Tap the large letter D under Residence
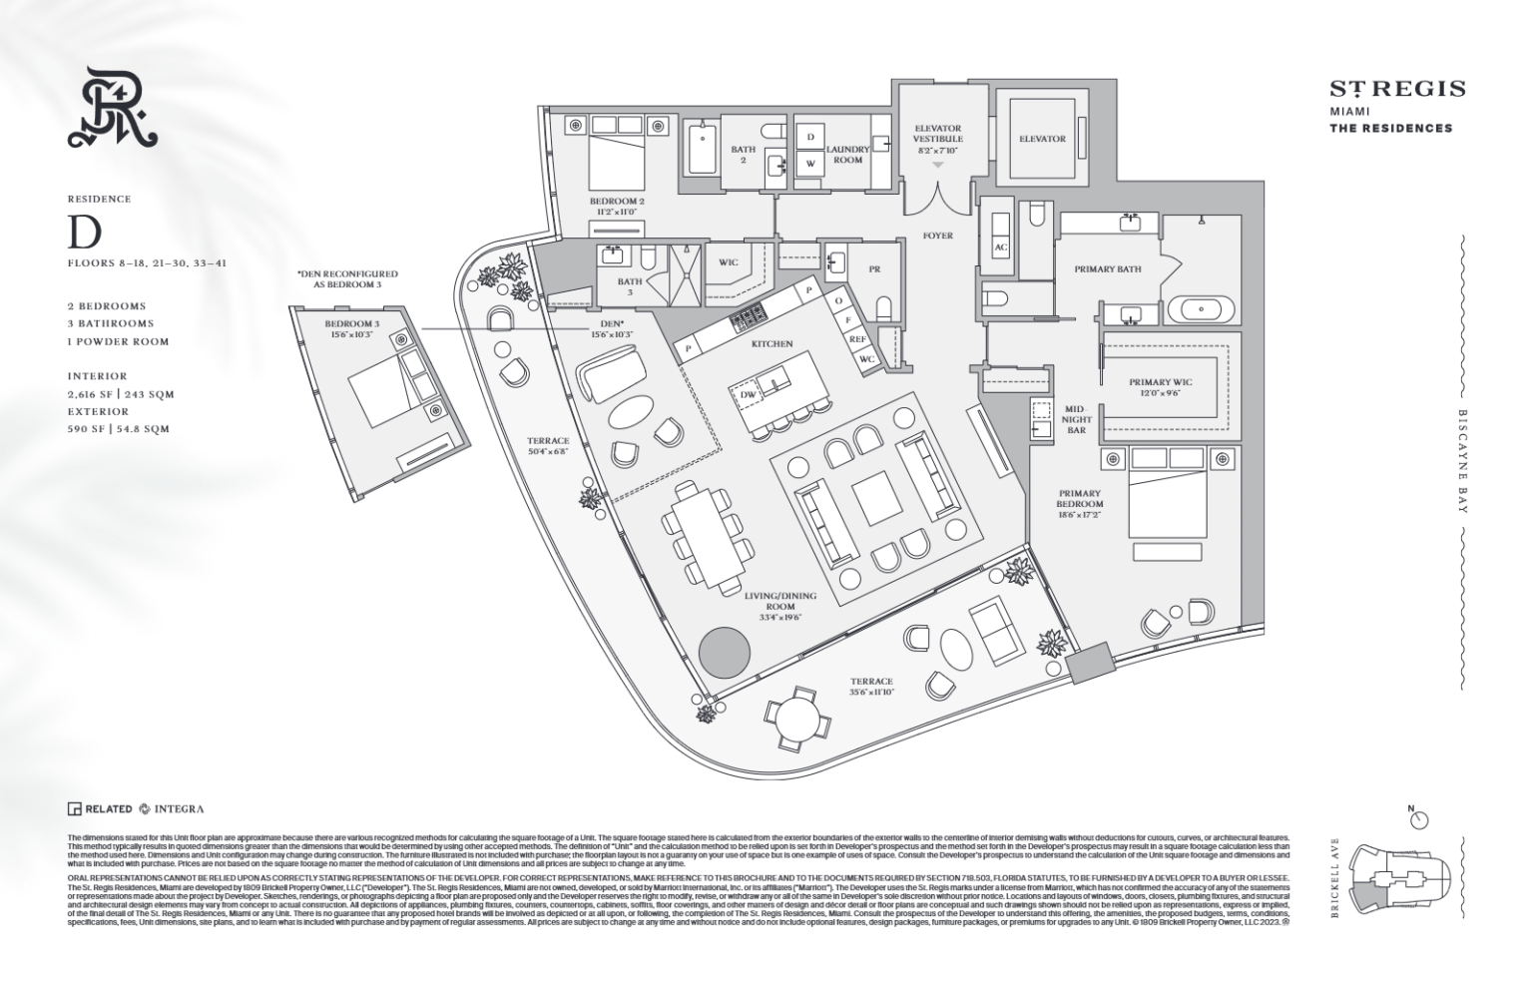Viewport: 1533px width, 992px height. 84,233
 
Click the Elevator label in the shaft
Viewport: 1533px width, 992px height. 1042,139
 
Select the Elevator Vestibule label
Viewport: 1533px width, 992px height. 937,139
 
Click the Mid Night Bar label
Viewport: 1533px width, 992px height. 1074,419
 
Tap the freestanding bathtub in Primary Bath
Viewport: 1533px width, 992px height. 1201,308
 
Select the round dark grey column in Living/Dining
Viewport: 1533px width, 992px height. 724,653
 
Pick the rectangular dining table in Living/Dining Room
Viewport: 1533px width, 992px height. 705,528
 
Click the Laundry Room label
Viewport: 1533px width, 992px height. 848,154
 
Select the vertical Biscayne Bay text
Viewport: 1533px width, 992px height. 1463,461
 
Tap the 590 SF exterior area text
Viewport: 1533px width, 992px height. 119,429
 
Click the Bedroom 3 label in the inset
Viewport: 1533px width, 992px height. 352,329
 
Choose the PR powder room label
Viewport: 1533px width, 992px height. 874,269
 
